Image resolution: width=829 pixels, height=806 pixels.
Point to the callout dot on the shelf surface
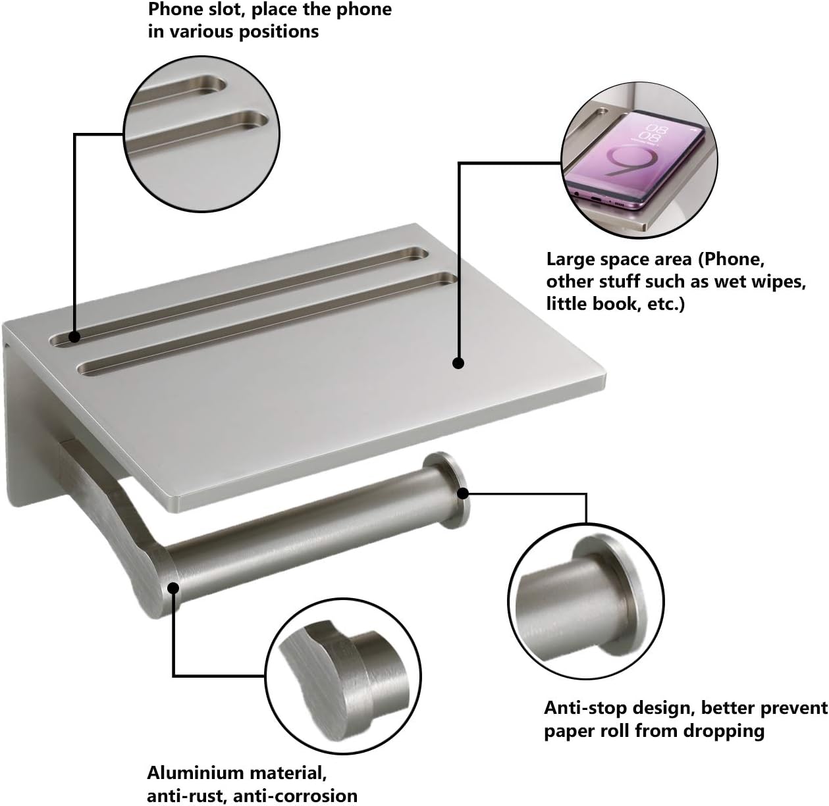coord(458,363)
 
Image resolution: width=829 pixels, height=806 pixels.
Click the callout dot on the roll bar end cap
coord(463,492)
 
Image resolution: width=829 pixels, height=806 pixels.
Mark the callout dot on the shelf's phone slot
coord(74,336)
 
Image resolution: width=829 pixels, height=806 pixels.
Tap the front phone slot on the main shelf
coord(263,322)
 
